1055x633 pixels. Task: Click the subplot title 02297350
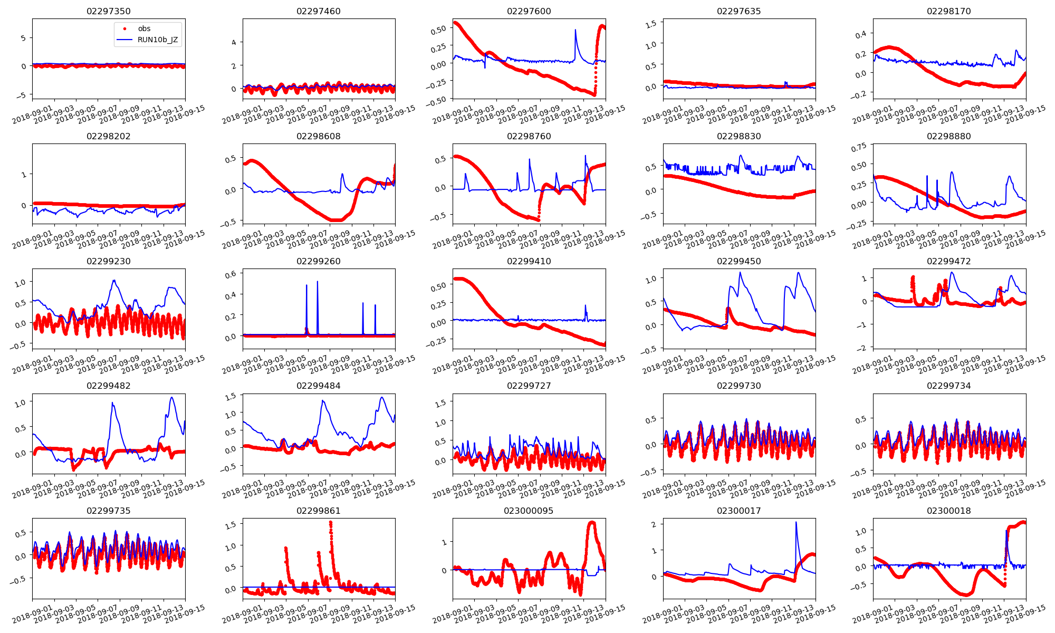pos(109,11)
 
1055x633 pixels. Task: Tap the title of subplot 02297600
pos(529,11)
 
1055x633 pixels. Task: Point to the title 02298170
pos(949,11)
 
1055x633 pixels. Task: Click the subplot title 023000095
pos(529,511)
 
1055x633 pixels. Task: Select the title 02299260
pos(319,261)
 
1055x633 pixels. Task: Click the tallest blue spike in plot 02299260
pos(318,282)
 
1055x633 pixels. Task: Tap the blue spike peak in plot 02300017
pos(796,522)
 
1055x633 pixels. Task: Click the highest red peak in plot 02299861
pos(331,522)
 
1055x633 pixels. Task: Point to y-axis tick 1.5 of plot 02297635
pos(651,23)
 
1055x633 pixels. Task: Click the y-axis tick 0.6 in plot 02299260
pos(231,274)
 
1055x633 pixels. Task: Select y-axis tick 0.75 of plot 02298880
pos(861,148)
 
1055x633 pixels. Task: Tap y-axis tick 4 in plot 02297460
pos(234,42)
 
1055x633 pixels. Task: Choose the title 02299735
pos(109,511)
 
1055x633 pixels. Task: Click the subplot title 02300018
pos(949,511)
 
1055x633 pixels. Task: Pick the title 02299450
pos(739,261)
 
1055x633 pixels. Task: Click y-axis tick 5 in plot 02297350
pos(23,38)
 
